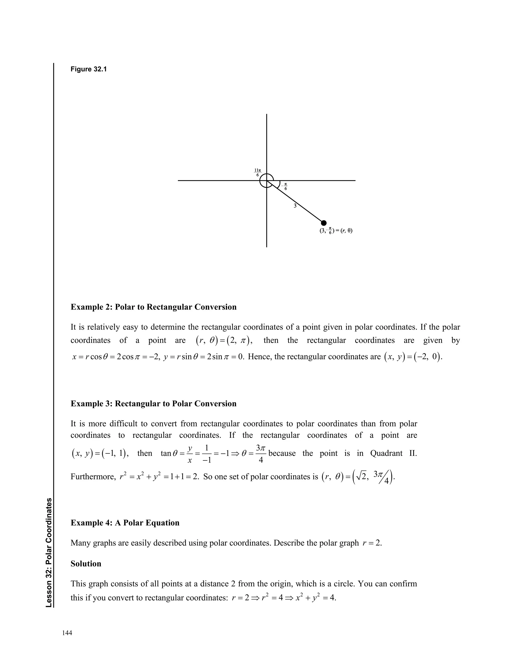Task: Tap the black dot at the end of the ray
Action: pyautogui.click(x=324, y=223)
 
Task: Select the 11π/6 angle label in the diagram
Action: pyautogui.click(x=257, y=172)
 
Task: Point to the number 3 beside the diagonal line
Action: pyautogui.click(x=295, y=206)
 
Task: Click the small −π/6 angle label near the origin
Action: pyautogui.click(x=285, y=186)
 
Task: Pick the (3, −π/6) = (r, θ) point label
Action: pyautogui.click(x=336, y=231)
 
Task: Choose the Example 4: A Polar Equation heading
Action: pyautogui.click(x=125, y=523)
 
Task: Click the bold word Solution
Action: pyautogui.click(x=86, y=564)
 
